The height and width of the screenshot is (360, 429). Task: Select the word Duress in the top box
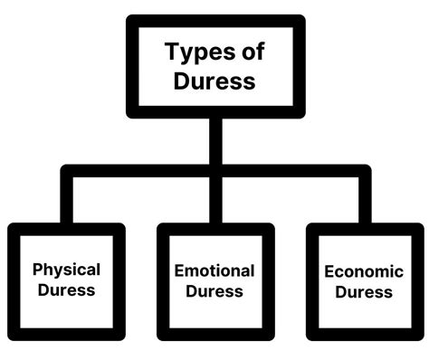[214, 81]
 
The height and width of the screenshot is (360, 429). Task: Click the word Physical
[66, 270]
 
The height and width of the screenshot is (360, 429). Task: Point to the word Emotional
[214, 270]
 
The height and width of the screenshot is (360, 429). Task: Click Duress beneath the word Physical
[66, 290]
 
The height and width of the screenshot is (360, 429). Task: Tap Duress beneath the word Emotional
[214, 291]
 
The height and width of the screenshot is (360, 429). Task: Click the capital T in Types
[171, 52]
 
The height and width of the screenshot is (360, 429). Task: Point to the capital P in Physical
[37, 270]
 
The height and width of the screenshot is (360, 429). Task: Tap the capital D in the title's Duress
[181, 81]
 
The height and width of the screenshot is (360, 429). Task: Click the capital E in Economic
[328, 270]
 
